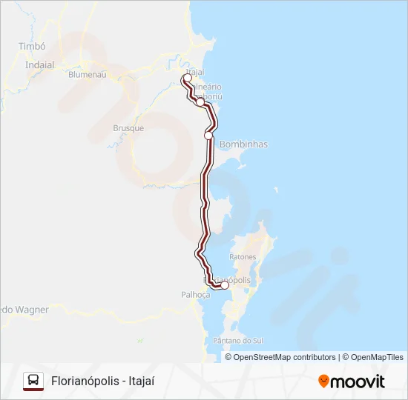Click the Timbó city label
(32, 46)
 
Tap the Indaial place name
(40, 64)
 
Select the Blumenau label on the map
(88, 75)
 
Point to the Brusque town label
(128, 127)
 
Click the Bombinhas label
(244, 144)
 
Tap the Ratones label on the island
(243, 257)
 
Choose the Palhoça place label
(197, 294)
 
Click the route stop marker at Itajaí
(188, 78)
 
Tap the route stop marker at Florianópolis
(225, 285)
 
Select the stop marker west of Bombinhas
(208, 136)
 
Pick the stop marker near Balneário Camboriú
(200, 102)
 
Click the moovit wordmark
(358, 381)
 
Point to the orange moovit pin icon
(323, 381)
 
